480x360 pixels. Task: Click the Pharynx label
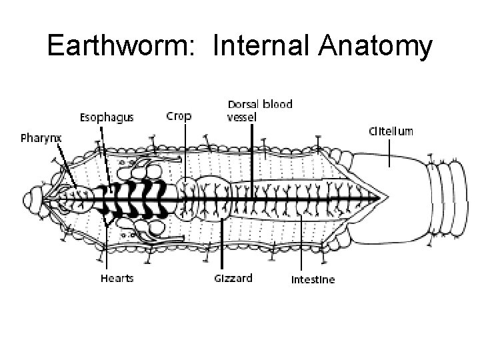[41, 139]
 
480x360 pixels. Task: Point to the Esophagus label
[107, 117]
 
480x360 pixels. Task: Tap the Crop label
[178, 116]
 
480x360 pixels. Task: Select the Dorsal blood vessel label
[259, 111]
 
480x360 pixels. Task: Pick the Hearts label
[117, 278]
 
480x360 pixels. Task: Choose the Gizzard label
[233, 278]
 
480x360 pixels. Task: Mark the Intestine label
[313, 279]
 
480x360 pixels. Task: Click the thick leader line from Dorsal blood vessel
[251, 153]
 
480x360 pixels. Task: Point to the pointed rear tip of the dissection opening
[387, 198]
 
